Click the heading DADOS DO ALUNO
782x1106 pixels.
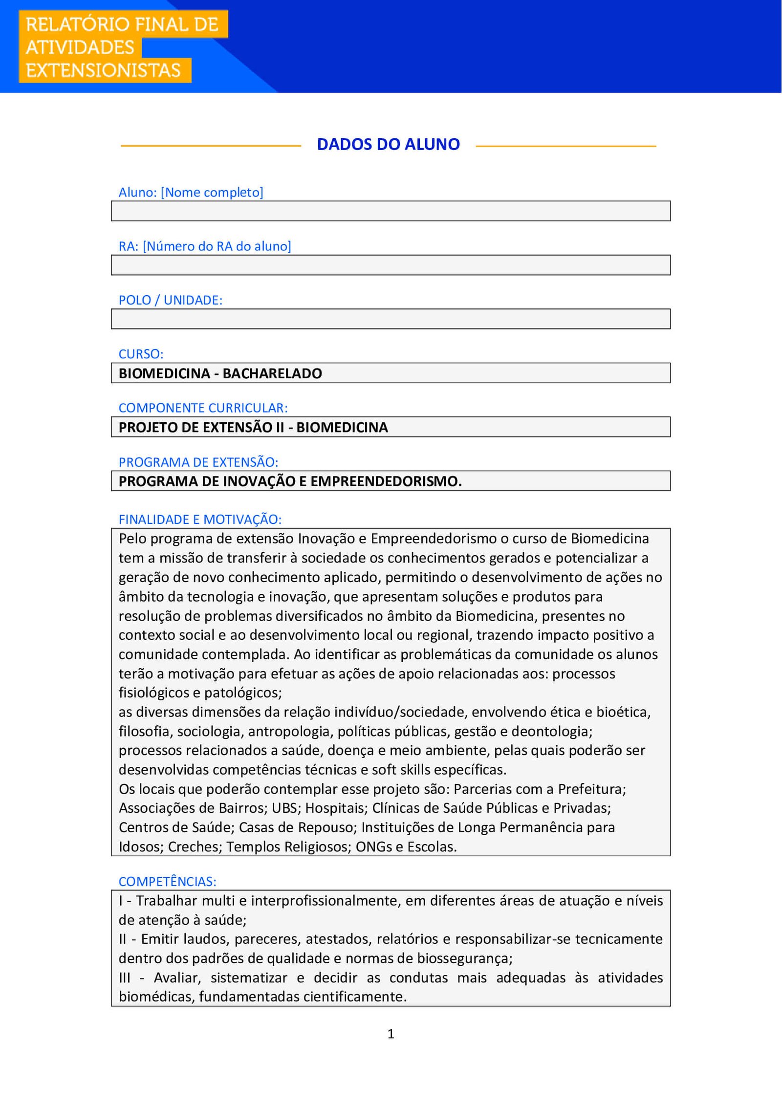tap(388, 145)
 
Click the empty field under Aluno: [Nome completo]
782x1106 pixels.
tap(391, 211)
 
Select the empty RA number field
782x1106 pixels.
tap(391, 265)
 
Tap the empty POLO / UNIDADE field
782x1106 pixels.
tap(391, 319)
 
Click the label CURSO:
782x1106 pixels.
tap(141, 354)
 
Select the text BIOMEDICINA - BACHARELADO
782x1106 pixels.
tap(220, 373)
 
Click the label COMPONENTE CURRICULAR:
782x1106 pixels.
tap(203, 408)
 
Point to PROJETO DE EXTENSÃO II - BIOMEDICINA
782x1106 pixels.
tap(253, 428)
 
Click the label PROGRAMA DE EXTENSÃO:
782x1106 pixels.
tap(198, 462)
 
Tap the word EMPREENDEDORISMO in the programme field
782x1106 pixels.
tap(386, 481)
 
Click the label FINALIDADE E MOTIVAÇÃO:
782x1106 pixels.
tap(200, 519)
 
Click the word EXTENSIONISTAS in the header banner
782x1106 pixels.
tap(103, 71)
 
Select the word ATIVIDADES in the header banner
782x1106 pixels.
tap(80, 48)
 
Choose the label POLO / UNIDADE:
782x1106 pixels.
tap(170, 300)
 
